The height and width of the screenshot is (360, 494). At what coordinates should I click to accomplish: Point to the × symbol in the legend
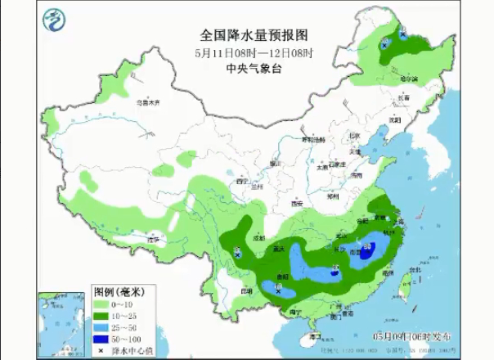coord(101,350)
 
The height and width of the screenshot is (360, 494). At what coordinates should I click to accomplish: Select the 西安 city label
coord(296,203)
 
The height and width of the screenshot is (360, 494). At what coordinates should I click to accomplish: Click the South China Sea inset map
coord(62,324)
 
